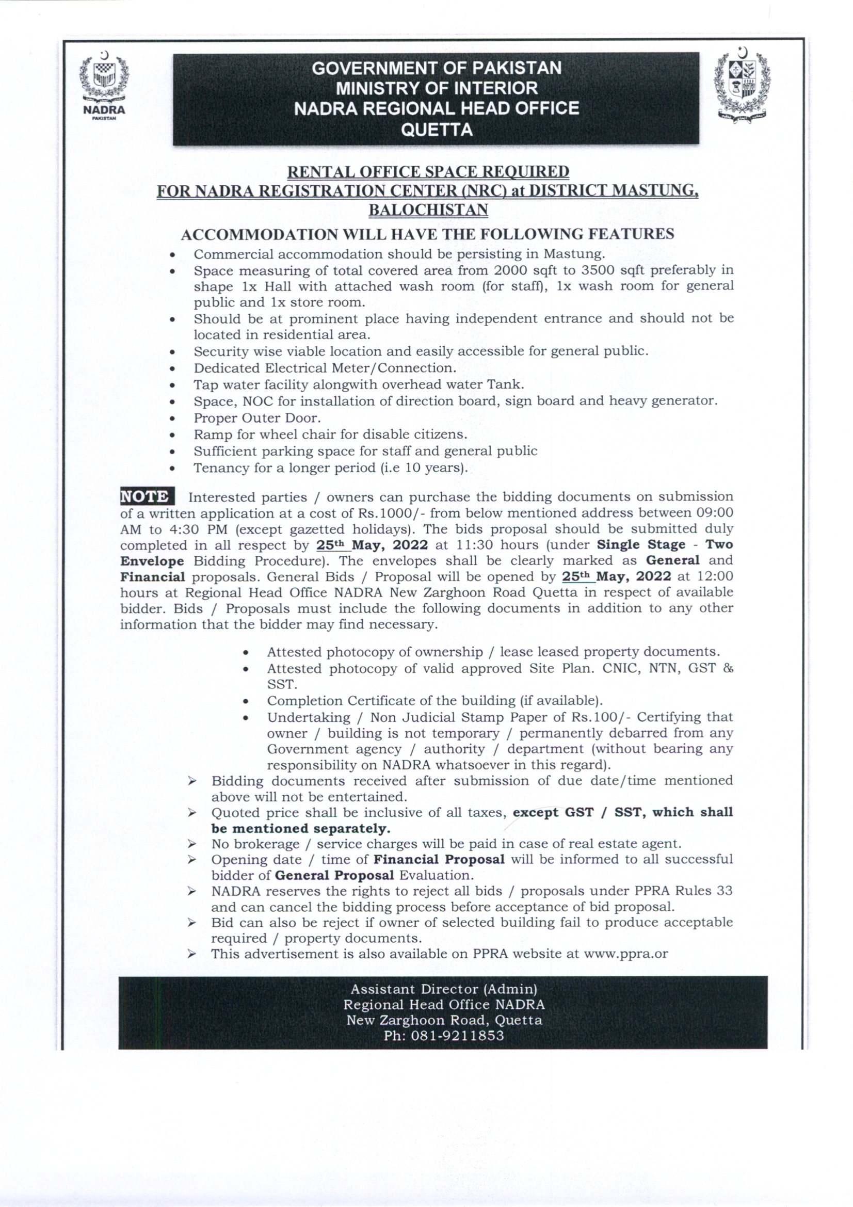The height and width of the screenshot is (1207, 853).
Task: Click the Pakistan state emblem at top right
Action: click(742, 85)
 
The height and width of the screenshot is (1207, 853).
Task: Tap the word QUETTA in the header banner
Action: click(436, 130)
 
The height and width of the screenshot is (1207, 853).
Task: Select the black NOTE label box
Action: click(147, 496)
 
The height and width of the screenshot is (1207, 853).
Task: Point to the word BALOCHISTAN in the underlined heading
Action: click(428, 210)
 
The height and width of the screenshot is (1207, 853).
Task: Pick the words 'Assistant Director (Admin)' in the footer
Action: click(444, 989)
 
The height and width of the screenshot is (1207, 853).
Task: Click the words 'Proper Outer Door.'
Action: click(257, 418)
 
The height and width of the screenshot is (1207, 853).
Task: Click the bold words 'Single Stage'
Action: click(641, 544)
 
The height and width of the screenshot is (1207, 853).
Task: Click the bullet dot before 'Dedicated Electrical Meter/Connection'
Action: click(172, 368)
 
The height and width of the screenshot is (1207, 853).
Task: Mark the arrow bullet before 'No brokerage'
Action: click(192, 844)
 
